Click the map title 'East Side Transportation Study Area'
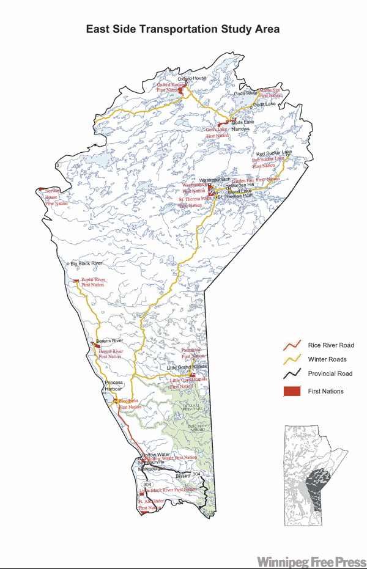coord(183,29)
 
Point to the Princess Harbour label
coord(114,385)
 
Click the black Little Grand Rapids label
coord(187,367)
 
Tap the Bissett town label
coord(183,475)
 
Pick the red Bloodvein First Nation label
coord(130,404)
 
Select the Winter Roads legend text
coord(327,359)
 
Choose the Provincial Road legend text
coord(330,373)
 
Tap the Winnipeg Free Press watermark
coord(311,561)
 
